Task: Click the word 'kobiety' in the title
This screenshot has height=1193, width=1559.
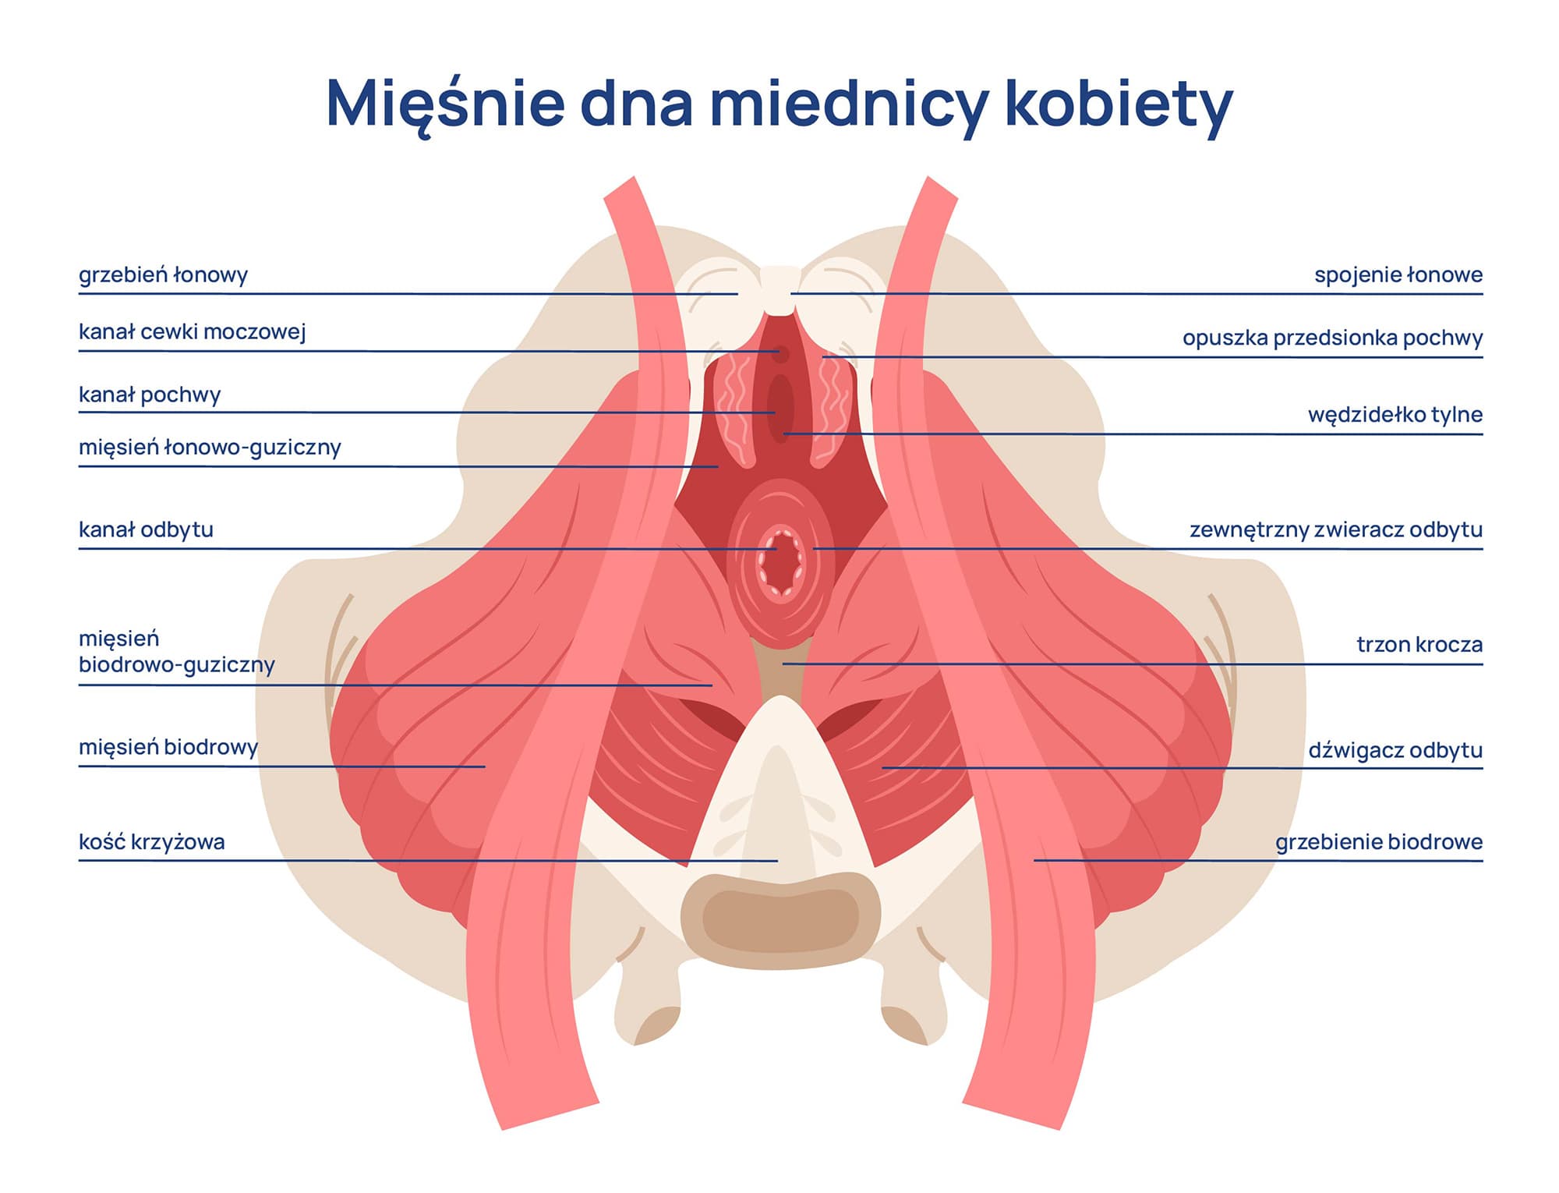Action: [1118, 103]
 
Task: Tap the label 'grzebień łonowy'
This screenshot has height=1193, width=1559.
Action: [163, 275]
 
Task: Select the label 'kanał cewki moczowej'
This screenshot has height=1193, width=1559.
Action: [192, 332]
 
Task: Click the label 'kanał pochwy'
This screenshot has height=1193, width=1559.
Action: [150, 395]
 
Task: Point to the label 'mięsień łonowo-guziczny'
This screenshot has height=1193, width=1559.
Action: [210, 448]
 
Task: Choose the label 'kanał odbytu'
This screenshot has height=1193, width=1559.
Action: [146, 530]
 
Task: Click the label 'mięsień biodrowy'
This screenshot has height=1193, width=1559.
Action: [168, 748]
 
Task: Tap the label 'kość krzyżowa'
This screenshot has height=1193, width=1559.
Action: [151, 842]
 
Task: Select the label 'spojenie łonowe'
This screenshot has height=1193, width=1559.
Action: [1398, 275]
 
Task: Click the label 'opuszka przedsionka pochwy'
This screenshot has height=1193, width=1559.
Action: [1332, 338]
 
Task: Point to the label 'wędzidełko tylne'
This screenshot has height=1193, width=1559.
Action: [1395, 415]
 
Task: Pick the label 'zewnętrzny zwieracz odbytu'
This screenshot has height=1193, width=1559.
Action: [1335, 530]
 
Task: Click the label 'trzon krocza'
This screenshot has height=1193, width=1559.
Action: [1419, 645]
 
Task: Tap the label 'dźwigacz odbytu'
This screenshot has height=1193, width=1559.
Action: [1395, 751]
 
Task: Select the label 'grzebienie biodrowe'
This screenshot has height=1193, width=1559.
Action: [1378, 842]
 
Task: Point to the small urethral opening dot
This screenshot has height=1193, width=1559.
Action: [780, 354]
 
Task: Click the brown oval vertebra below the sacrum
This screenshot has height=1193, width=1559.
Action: [780, 920]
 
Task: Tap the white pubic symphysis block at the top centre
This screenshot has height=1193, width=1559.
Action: [779, 289]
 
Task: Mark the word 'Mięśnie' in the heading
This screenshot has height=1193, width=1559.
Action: [444, 103]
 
